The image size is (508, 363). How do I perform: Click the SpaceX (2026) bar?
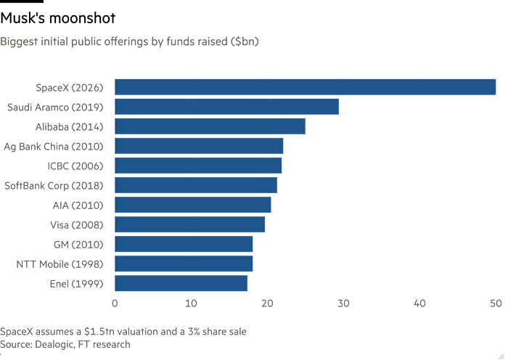pos(305,88)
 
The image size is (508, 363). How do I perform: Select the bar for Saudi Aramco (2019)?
pos(227,107)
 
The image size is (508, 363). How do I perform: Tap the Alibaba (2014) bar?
pos(210,127)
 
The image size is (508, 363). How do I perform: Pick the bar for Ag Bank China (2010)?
pos(199,147)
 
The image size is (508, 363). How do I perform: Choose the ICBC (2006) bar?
pos(198,166)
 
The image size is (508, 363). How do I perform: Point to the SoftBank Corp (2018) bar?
pos(196,185)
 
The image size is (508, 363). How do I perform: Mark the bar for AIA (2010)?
pos(193,205)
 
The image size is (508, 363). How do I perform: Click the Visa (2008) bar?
pos(190,224)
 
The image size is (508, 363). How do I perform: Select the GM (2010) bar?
pos(184,244)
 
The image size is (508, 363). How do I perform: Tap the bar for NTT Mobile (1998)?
pos(184,264)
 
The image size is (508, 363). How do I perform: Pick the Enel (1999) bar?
pos(181,283)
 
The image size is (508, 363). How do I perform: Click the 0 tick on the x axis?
pos(115,302)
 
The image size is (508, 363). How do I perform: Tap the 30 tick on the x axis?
pos(343,302)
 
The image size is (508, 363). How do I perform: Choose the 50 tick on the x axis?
pos(495,302)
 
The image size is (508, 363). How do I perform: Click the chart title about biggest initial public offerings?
pos(130,41)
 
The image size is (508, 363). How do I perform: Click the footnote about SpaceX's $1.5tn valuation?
pos(123,331)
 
